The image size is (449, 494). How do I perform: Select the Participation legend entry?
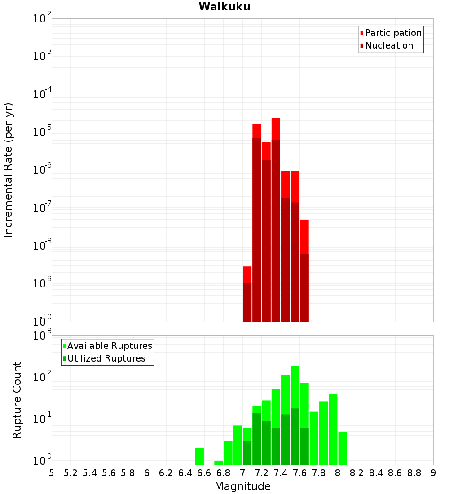(x=393, y=33)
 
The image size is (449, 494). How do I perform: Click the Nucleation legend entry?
(x=388, y=45)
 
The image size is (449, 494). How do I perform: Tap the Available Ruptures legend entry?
(x=109, y=346)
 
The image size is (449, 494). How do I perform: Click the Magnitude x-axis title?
(x=242, y=486)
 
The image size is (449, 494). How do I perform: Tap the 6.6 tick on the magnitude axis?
(x=204, y=473)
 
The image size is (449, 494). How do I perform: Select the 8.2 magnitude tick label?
(x=357, y=473)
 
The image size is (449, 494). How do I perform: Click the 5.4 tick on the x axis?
(x=90, y=473)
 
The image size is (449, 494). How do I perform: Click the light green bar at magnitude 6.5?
(x=200, y=456)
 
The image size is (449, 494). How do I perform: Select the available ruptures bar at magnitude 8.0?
(x=343, y=448)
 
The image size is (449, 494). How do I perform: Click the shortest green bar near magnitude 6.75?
(x=219, y=463)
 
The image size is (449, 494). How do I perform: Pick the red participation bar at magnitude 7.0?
(x=247, y=274)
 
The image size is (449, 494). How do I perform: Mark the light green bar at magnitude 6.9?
(x=238, y=445)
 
